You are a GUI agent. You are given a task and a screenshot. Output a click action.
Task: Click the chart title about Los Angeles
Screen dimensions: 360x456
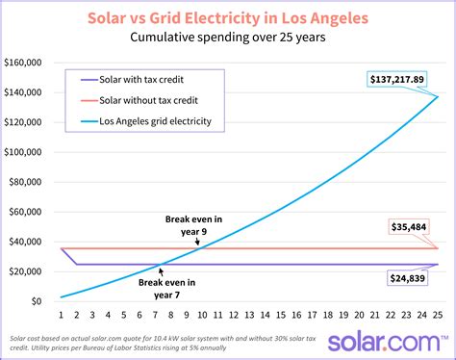tap(227, 18)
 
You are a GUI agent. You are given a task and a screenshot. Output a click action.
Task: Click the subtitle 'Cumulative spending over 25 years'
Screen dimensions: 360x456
tap(227, 39)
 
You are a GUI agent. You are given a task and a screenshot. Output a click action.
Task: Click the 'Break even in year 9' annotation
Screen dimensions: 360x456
tap(191, 225)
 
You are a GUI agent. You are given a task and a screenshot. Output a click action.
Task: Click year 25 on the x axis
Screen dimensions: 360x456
tap(437, 315)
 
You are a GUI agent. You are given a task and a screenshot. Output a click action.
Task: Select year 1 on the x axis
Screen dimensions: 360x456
tap(61, 315)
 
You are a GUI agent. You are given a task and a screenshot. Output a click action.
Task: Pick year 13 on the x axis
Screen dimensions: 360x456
tap(248, 315)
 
